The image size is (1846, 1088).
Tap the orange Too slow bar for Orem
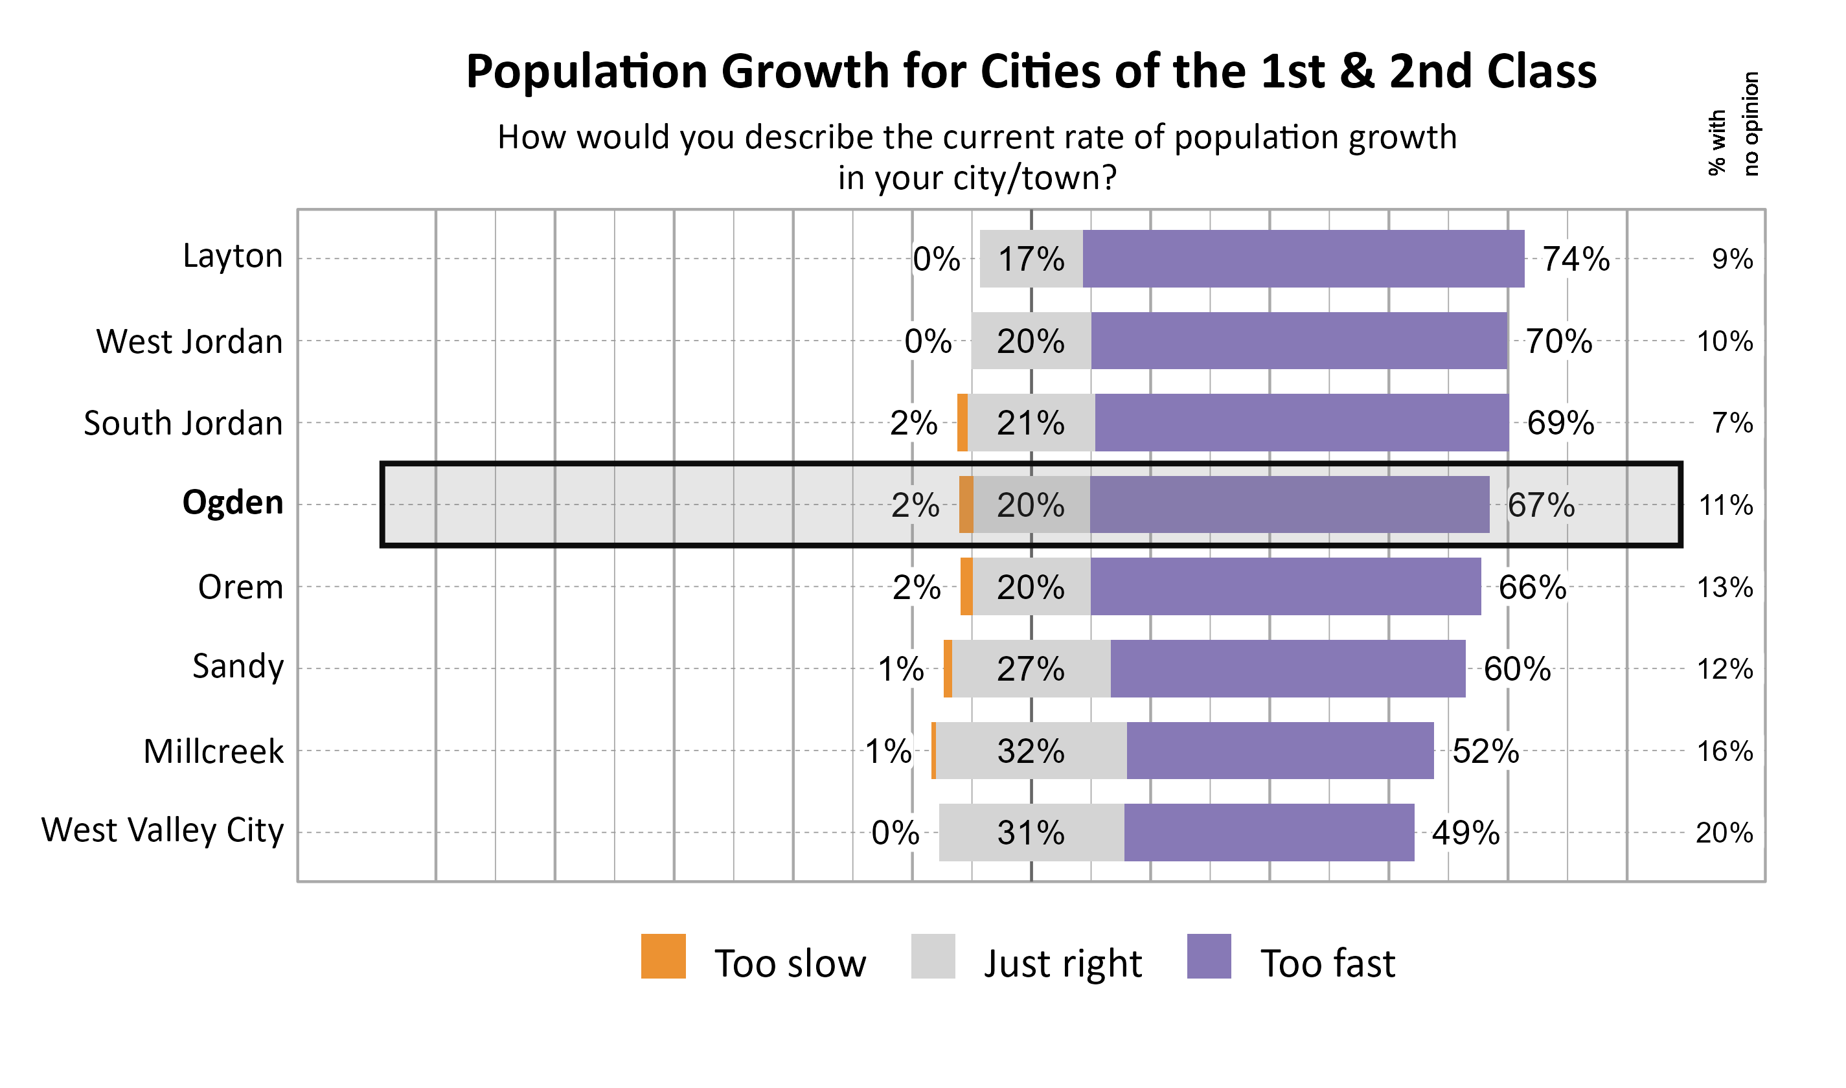(966, 587)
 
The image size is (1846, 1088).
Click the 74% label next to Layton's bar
(1575, 259)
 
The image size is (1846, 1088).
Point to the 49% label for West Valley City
(1464, 833)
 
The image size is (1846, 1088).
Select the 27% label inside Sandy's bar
(1030, 668)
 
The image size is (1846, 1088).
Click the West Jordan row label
(189, 342)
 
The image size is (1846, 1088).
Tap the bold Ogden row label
(233, 503)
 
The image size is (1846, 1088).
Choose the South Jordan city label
(183, 424)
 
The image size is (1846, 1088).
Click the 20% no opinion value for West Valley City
(1724, 833)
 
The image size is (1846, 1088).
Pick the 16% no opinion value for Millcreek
(1724, 751)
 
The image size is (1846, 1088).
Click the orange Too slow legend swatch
(663, 956)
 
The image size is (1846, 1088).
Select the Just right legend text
(1062, 964)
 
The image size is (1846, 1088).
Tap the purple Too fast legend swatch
(1208, 956)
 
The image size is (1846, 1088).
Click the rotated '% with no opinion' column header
(1733, 123)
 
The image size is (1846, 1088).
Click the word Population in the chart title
(586, 72)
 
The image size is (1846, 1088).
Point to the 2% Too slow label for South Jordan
(913, 423)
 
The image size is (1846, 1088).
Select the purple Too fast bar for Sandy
(1288, 668)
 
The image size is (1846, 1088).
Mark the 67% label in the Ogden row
(1540, 505)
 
